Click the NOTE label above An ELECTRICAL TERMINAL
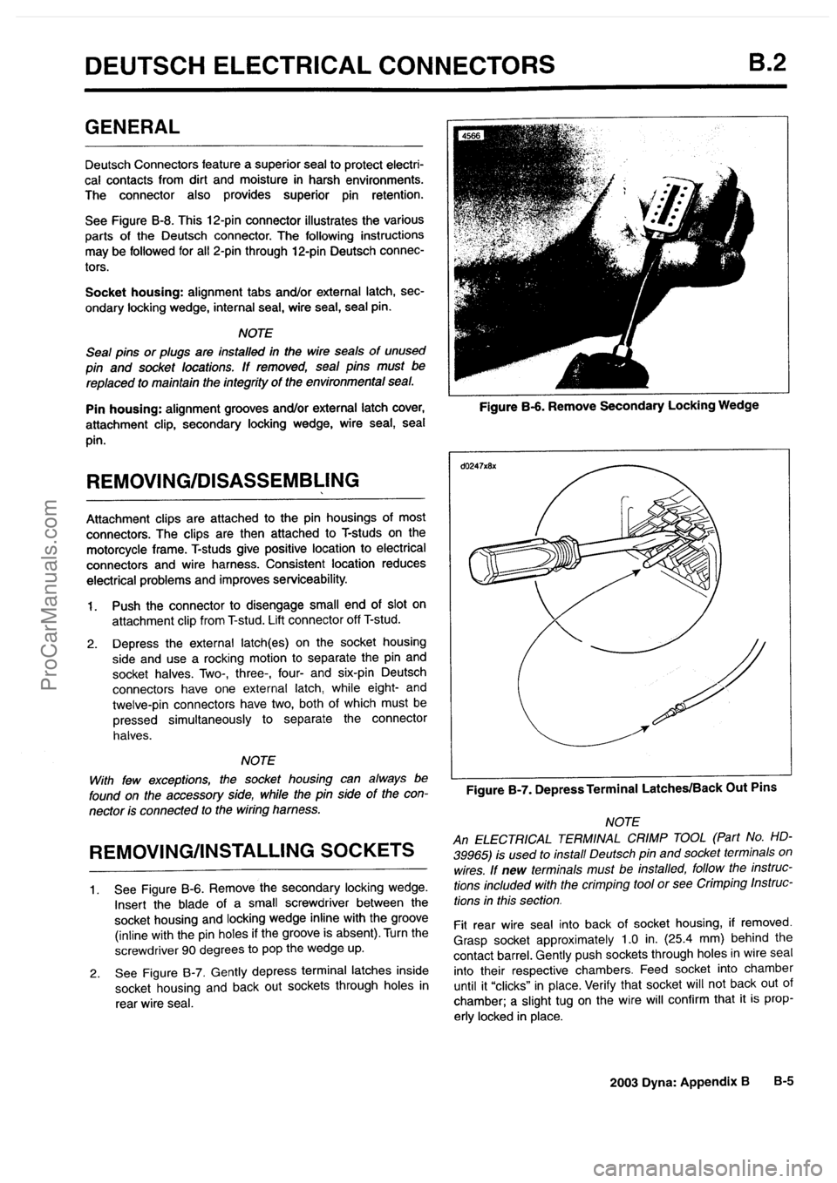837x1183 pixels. pos(622,821)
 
